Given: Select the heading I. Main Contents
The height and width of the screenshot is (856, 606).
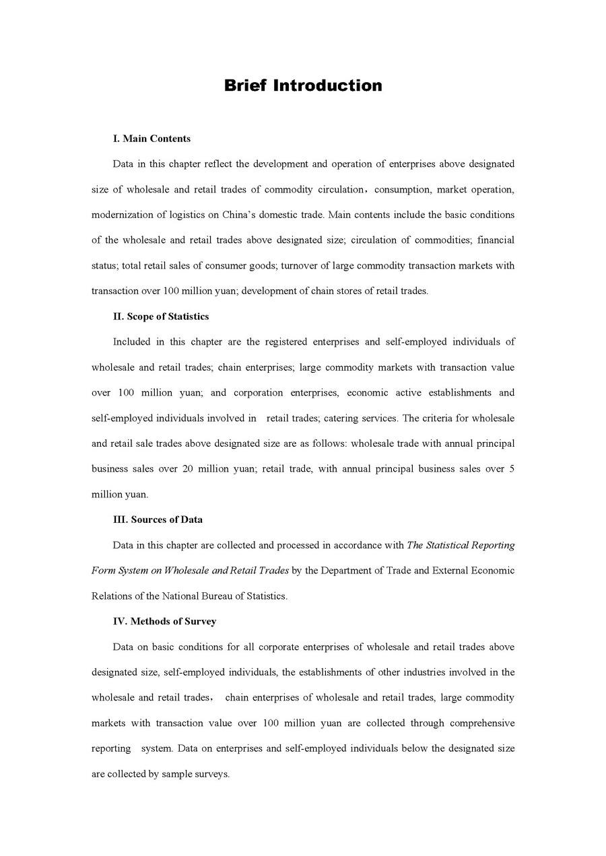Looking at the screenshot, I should coord(151,139).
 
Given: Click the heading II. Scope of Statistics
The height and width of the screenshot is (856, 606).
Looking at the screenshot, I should coord(161,316).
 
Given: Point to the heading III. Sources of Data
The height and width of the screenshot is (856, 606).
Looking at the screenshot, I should coord(158,520).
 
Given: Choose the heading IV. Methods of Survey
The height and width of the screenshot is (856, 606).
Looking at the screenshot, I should coord(164,621).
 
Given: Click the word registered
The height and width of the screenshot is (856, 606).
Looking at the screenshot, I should coord(284,342).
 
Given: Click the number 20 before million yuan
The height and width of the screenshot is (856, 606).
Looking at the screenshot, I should coord(187,469).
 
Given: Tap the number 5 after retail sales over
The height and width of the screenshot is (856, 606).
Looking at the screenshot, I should coord(512,469).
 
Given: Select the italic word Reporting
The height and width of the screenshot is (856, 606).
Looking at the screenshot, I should coord(494,545).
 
